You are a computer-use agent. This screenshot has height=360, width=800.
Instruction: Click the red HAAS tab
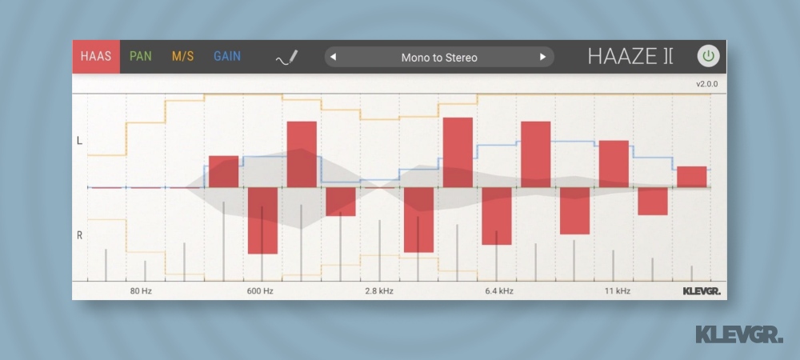(96, 57)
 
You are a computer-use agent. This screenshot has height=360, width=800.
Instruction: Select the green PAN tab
(141, 57)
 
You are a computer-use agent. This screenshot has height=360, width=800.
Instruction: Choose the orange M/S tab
(182, 57)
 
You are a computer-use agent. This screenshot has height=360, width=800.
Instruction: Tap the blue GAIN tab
(227, 57)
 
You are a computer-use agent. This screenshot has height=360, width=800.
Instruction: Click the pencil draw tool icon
(286, 58)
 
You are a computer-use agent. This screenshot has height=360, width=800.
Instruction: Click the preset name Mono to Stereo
(439, 58)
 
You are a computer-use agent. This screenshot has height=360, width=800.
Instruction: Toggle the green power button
(708, 57)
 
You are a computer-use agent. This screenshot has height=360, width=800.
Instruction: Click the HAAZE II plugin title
(630, 57)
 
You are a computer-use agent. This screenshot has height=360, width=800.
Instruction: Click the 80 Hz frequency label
(141, 291)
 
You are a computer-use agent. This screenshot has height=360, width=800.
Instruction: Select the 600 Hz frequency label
(260, 291)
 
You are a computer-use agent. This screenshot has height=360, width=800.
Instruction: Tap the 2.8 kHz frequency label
(379, 291)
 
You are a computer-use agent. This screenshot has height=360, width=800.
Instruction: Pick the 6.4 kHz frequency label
(499, 291)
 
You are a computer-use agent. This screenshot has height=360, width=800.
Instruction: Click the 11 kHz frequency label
(617, 291)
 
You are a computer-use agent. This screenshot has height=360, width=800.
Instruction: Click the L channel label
(79, 141)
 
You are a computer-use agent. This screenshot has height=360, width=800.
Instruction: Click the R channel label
(79, 235)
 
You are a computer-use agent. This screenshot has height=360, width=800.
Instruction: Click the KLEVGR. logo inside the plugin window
(696, 291)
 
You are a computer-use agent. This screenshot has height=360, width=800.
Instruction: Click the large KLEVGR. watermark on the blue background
(738, 334)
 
